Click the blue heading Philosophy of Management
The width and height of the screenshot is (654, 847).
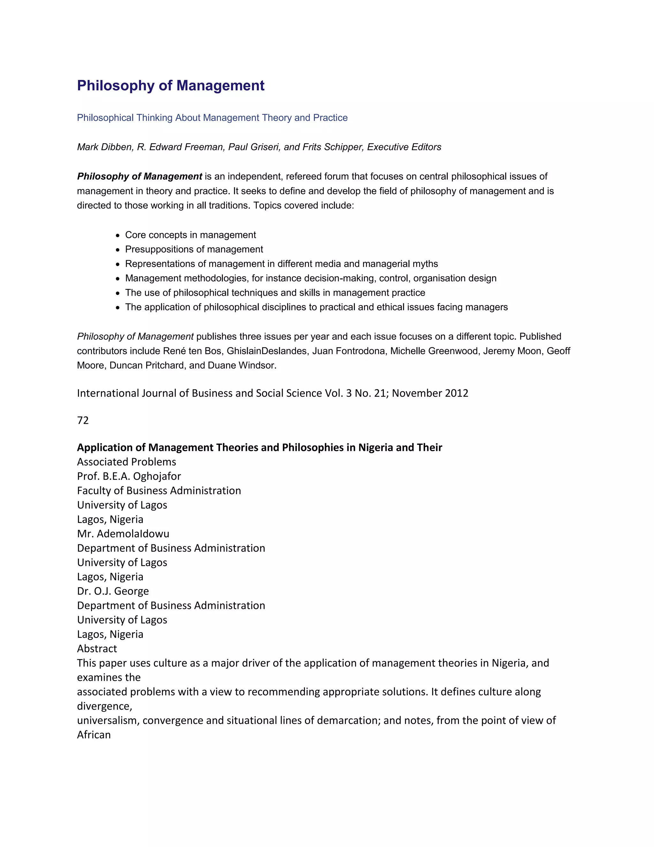pos(171,86)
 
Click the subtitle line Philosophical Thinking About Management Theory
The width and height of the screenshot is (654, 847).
pos(212,118)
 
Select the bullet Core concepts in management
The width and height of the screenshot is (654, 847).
pos(190,235)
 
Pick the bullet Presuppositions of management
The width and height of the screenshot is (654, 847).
pos(194,249)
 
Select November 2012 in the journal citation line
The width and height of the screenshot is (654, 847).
pos(430,393)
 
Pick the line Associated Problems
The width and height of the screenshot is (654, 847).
pos(126,462)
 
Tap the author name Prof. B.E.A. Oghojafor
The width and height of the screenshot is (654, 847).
pos(129,476)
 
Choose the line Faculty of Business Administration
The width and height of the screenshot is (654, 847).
pos(159,491)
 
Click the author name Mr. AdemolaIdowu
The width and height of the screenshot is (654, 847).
pos(123,534)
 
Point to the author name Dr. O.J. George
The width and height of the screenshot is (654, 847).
pos(113,591)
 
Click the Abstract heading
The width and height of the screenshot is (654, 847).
pos(97,649)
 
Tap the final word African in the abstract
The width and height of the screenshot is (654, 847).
pos(94,734)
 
